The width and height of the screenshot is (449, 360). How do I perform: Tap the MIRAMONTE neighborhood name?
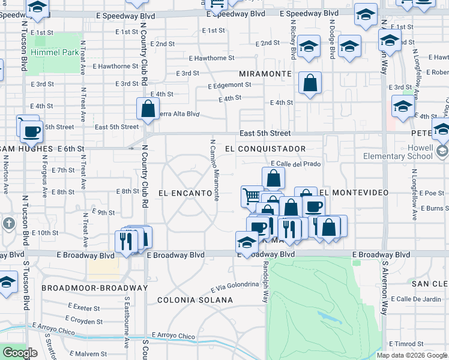click(x=265, y=73)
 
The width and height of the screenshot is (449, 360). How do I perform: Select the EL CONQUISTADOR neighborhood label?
click(x=265, y=148)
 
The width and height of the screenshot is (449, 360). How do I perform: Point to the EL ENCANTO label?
click(x=185, y=193)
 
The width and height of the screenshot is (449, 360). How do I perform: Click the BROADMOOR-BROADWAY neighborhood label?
click(x=95, y=288)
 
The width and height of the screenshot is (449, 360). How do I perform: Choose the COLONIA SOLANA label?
click(x=195, y=299)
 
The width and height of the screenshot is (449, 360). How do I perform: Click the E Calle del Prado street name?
click(x=296, y=164)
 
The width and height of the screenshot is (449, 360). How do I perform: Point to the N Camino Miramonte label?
click(x=214, y=169)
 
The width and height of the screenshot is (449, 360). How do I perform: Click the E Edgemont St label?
click(x=229, y=86)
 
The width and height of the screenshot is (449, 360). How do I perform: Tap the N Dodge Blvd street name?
click(x=331, y=37)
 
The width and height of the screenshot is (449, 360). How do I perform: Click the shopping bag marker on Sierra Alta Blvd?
click(x=147, y=109)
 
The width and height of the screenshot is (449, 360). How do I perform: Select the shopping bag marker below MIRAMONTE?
click(x=310, y=84)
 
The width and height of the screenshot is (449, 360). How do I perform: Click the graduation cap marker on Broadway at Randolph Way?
click(x=247, y=242)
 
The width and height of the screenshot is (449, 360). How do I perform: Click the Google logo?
click(x=20, y=353)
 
